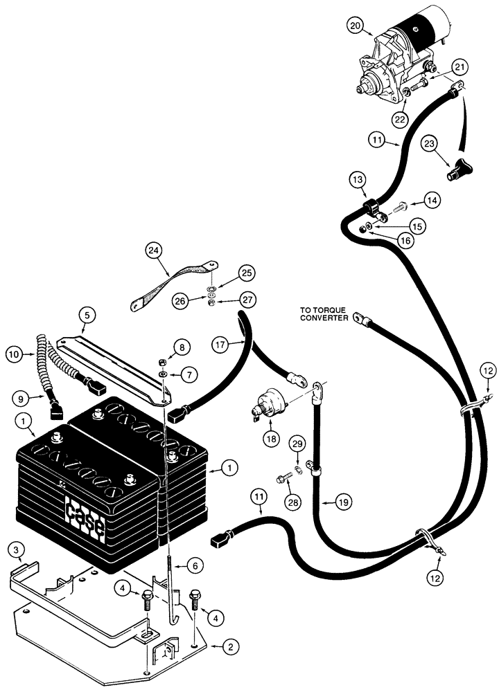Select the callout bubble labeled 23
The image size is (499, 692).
click(x=430, y=145)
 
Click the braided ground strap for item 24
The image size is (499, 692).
click(x=173, y=282)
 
